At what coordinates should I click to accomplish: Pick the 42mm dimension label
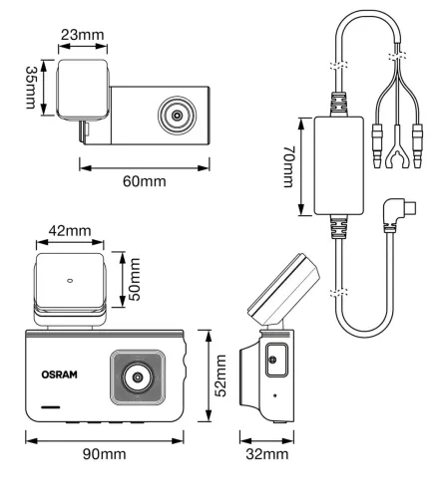[x=70, y=231]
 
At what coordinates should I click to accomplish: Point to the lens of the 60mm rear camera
[x=178, y=115]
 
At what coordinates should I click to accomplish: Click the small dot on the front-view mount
[x=69, y=280]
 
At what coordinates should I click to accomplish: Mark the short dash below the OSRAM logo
[x=52, y=408]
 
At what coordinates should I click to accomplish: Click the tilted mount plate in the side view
[x=284, y=290]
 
